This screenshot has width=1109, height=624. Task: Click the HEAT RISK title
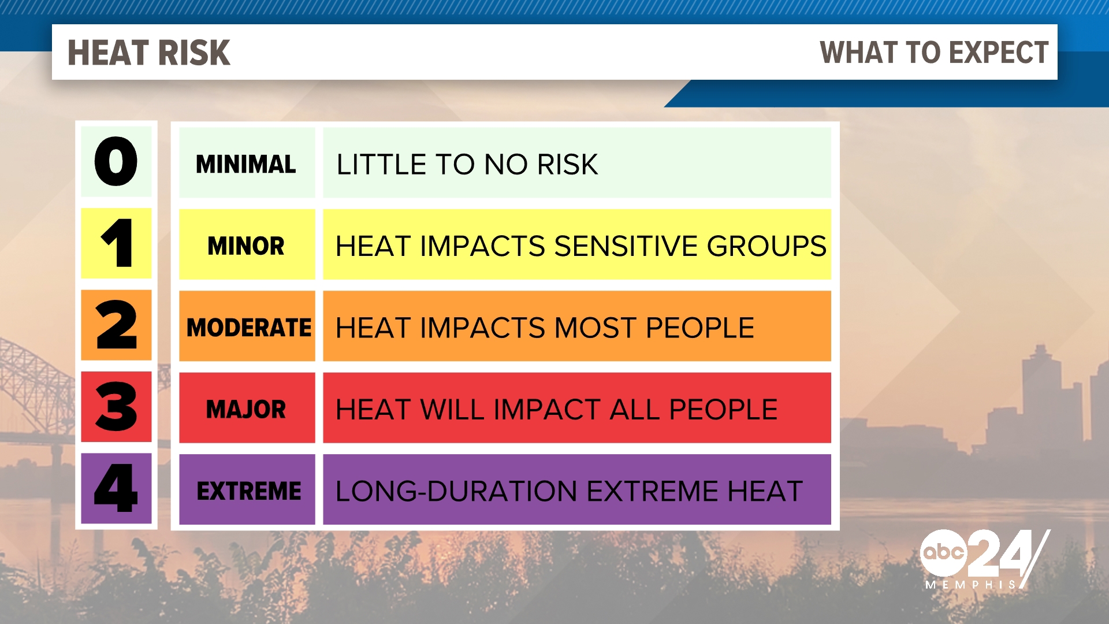coord(149,53)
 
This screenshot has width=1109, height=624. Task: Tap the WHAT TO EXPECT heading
coord(933,53)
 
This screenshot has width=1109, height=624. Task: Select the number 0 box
coord(116,162)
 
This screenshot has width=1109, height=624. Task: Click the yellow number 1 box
coord(116,243)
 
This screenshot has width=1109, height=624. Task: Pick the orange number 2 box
coord(116,325)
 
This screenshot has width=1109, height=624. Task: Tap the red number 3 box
coord(116,407)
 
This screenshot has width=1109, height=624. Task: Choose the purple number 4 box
coord(116,489)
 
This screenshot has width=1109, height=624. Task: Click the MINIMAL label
coord(246,164)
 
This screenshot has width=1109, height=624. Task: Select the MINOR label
coord(246,246)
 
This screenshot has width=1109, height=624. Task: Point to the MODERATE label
coord(248,328)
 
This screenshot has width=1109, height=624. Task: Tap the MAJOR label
coord(246,410)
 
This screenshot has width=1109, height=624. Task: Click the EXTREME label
coord(248,491)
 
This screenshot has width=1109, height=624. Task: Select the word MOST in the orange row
coord(596,328)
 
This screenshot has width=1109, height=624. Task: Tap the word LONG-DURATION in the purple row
coord(456,491)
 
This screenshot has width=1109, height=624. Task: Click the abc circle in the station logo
coord(943,552)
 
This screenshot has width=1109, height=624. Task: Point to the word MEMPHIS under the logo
coord(970,585)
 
